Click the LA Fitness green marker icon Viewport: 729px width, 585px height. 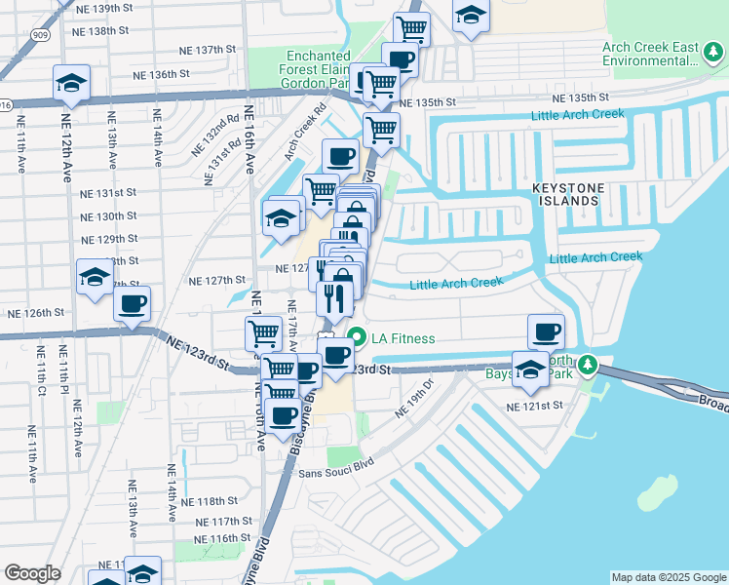pyautogui.click(x=357, y=339)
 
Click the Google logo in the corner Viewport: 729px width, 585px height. pyautogui.click(x=32, y=573)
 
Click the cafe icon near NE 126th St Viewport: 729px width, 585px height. pyautogui.click(x=133, y=302)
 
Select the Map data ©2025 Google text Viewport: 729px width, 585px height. pyautogui.click(x=668, y=577)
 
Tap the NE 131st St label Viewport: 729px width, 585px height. pyautogui.click(x=109, y=193)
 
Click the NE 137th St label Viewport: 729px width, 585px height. pyautogui.click(x=208, y=50)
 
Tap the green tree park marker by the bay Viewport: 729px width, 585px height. pyautogui.click(x=587, y=365)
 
